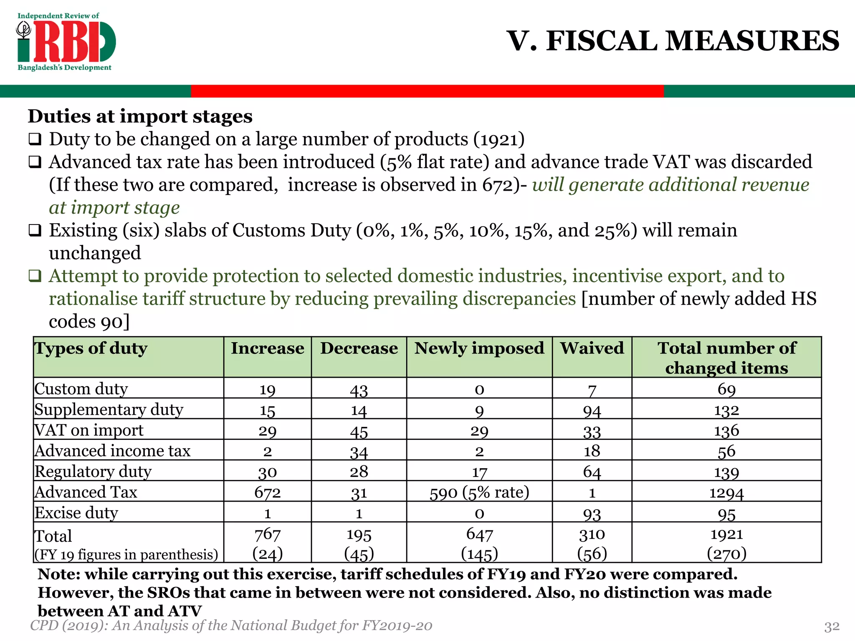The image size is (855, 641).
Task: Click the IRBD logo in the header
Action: (x=66, y=42)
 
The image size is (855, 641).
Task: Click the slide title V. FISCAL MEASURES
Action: (x=673, y=41)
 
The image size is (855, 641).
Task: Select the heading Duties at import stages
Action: (x=140, y=116)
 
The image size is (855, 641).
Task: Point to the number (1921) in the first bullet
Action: (x=499, y=139)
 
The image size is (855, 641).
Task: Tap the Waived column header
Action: (x=592, y=348)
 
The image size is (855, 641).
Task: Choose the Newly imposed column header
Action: (x=479, y=348)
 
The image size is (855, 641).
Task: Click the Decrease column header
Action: (x=359, y=348)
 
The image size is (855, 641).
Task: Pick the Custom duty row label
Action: (x=81, y=389)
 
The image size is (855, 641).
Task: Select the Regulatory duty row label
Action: (x=93, y=472)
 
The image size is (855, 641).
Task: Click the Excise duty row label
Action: (x=76, y=513)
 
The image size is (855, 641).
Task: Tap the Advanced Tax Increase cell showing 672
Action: (x=267, y=492)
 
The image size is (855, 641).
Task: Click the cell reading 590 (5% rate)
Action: (x=479, y=492)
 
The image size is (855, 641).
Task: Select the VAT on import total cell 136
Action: (x=726, y=431)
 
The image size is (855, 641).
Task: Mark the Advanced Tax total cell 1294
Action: (x=726, y=493)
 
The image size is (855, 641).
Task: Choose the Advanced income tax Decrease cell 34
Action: (x=359, y=452)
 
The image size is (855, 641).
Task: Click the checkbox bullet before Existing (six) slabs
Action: (x=35, y=230)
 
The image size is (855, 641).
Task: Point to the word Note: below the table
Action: (x=59, y=575)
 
